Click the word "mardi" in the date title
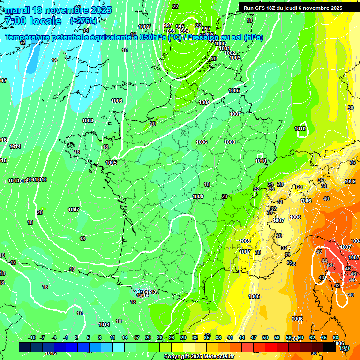[x=17, y=10]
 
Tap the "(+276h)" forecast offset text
[x=83, y=21]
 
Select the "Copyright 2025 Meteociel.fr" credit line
[x=199, y=356]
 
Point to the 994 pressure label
[x=185, y=31]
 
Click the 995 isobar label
[x=180, y=27]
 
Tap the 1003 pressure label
[x=235, y=58]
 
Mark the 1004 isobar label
[x=204, y=102]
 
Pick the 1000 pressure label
[x=220, y=44]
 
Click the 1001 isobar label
[x=224, y=48]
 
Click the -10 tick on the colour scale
[x=32, y=337]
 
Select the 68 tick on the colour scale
[x=336, y=337]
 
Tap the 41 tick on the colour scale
[x=230, y=337]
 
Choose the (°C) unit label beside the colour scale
[x=345, y=348]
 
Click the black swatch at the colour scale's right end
[x=330, y=347]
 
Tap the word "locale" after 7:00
[x=45, y=21]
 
